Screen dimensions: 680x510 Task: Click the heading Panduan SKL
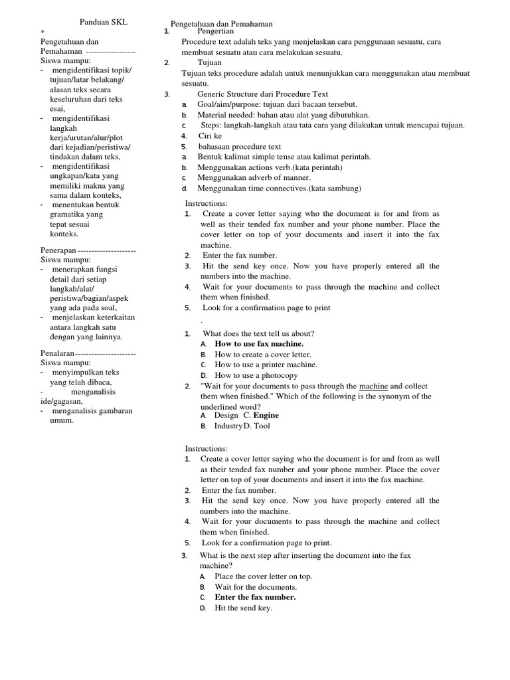[103, 23]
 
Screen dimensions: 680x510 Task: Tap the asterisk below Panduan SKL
[42, 32]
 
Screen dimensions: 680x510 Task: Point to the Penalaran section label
[57, 353]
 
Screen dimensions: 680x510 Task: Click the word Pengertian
[216, 32]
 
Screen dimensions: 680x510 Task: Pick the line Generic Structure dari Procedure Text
[262, 94]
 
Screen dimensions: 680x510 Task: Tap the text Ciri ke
[210, 135]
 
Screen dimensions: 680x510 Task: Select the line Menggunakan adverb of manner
[254, 177]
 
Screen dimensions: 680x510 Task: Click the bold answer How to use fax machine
[259, 344]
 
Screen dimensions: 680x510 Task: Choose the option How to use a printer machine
[266, 365]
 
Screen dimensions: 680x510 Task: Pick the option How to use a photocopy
[256, 375]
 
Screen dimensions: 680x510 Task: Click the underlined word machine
[373, 386]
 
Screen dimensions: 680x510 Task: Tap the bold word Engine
[266, 415]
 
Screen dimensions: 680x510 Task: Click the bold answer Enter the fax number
[255, 597]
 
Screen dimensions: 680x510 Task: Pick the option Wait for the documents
[256, 587]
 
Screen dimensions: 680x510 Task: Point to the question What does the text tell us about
[258, 333]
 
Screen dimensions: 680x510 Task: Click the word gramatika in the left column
[67, 214]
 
